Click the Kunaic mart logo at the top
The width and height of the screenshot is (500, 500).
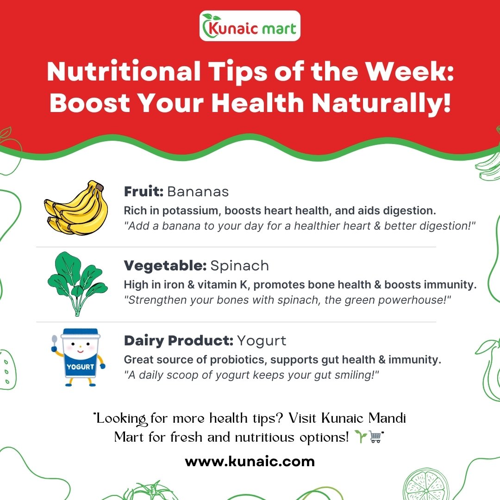pyautogui.click(x=250, y=26)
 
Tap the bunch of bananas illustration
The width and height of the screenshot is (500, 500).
pyautogui.click(x=76, y=207)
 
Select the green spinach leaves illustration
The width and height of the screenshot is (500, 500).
pyautogui.click(x=77, y=284)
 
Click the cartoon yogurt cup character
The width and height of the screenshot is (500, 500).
pyautogui.click(x=79, y=357)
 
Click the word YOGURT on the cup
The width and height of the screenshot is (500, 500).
pyautogui.click(x=81, y=367)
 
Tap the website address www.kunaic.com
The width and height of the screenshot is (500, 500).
pyautogui.click(x=250, y=462)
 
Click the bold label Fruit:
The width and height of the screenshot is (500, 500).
pyautogui.click(x=144, y=191)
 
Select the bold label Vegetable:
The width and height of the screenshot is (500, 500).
pyautogui.click(x=165, y=265)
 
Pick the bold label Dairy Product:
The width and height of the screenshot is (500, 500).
pyautogui.click(x=179, y=340)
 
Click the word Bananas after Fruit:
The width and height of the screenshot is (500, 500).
pyautogui.click(x=198, y=192)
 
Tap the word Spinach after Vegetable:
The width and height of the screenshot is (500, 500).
pyautogui.click(x=239, y=266)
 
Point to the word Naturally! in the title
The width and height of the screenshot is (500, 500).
pyautogui.click(x=381, y=103)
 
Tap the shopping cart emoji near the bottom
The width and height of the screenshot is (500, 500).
pyautogui.click(x=375, y=437)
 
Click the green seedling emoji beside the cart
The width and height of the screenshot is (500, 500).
pyautogui.click(x=361, y=437)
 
